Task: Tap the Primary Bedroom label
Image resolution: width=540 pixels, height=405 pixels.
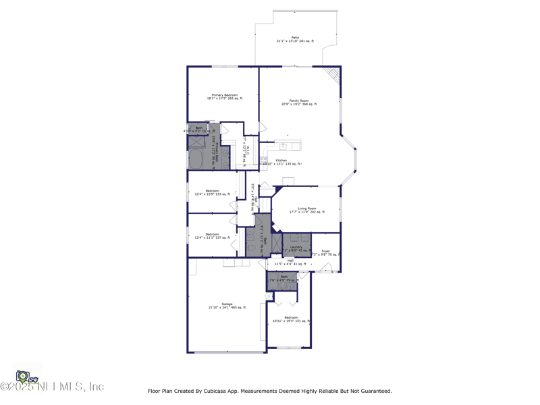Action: (226, 97)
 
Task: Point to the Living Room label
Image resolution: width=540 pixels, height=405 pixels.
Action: (307, 210)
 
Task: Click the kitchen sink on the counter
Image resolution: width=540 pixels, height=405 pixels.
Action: (283, 146)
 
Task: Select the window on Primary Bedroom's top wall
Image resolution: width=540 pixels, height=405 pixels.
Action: (225, 66)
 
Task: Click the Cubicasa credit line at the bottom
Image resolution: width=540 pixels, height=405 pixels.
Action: (269, 391)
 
